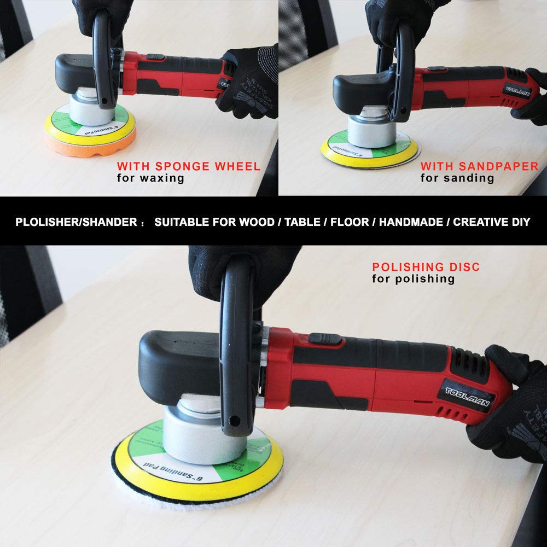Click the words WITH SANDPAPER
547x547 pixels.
(x=479, y=166)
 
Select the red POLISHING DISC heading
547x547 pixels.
(x=426, y=267)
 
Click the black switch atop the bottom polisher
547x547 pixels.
(x=322, y=339)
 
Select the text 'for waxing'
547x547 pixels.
(x=150, y=178)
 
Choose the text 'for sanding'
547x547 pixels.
(x=457, y=178)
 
